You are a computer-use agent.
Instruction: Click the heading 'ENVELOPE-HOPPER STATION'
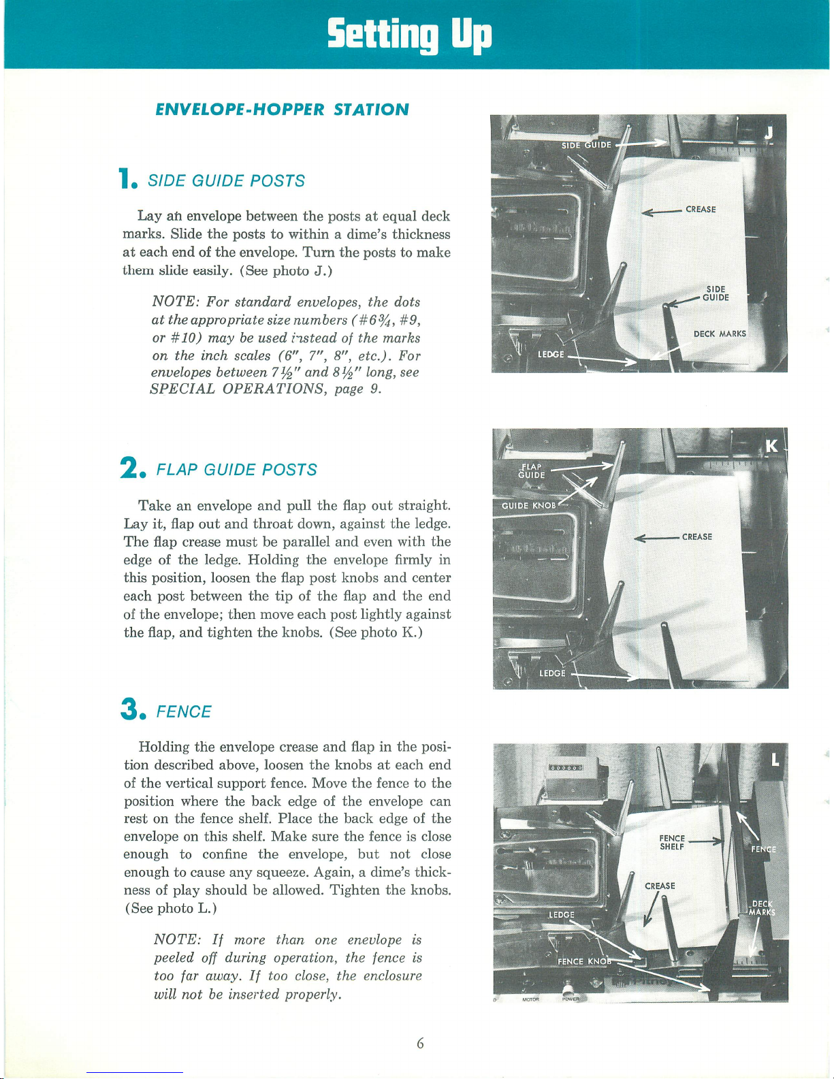click(x=282, y=109)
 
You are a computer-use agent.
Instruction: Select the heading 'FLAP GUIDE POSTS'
click(x=236, y=470)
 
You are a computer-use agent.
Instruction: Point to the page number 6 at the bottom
click(x=420, y=1043)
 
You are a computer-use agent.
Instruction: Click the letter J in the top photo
click(x=769, y=133)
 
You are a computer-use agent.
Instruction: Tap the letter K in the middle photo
click(x=771, y=447)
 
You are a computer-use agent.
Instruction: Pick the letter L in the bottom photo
click(x=775, y=760)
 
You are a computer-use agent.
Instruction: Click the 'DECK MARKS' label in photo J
click(x=720, y=334)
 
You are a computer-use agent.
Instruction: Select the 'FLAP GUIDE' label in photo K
click(x=531, y=470)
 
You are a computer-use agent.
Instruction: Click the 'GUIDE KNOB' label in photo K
click(x=529, y=506)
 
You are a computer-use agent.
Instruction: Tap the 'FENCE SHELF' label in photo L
click(x=672, y=842)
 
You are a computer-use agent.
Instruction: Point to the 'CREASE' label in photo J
click(x=701, y=210)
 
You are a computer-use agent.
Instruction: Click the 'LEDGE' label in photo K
click(x=552, y=673)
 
